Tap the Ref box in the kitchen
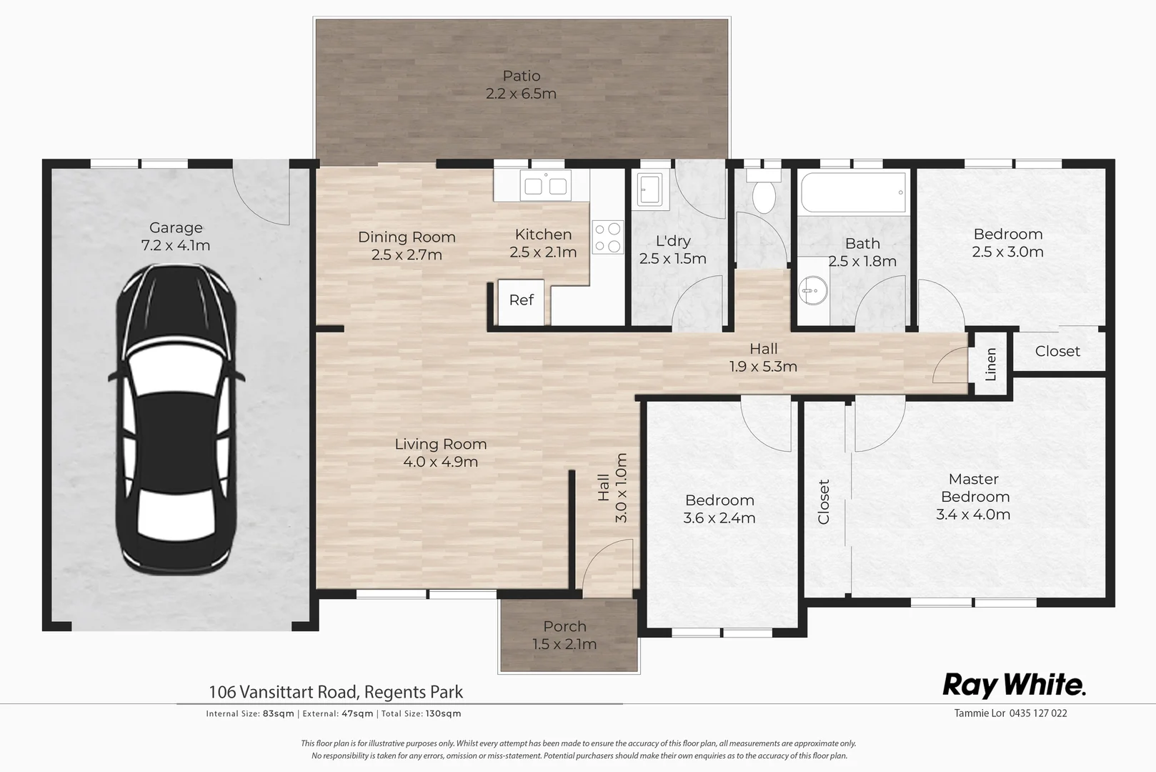521,300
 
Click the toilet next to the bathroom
764,194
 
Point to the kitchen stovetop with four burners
608,237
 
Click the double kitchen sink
545,186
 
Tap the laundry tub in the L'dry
651,190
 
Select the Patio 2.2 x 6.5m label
521,84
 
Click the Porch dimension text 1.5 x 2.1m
564,644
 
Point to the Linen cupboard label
990,364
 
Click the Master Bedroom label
973,488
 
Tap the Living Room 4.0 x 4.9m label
440,452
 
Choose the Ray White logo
1014,685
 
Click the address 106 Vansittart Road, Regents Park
336,692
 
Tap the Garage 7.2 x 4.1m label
176,237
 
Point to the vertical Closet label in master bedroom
824,501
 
